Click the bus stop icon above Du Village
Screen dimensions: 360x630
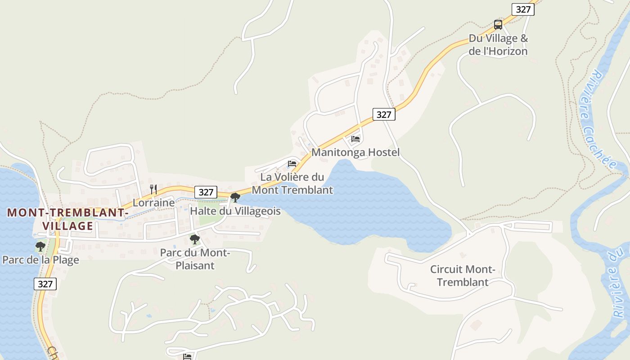tap(498, 24)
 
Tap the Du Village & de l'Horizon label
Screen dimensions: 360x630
tap(498, 45)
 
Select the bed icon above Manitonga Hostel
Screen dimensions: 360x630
tap(355, 139)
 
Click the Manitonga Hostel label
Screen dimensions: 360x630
tap(355, 153)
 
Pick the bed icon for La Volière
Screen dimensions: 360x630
tap(292, 163)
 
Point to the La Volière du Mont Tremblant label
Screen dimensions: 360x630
tap(292, 184)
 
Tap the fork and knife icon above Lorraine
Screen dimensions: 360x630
tap(153, 189)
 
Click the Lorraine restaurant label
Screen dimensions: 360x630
tap(153, 203)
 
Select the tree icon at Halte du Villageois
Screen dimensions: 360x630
tap(235, 197)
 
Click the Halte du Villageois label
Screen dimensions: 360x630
tap(235, 211)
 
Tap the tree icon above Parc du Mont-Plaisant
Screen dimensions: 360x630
tap(194, 239)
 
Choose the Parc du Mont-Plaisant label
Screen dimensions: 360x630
tap(195, 259)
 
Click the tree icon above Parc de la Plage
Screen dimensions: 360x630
tap(40, 246)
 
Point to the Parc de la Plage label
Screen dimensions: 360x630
tap(40, 260)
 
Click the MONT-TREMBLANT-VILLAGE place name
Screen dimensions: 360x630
tap(68, 219)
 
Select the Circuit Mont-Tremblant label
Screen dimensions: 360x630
tap(463, 276)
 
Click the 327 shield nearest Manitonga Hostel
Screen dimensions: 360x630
tap(384, 114)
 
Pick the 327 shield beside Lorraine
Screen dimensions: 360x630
tap(206, 192)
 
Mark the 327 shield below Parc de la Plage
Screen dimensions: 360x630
tap(45, 284)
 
